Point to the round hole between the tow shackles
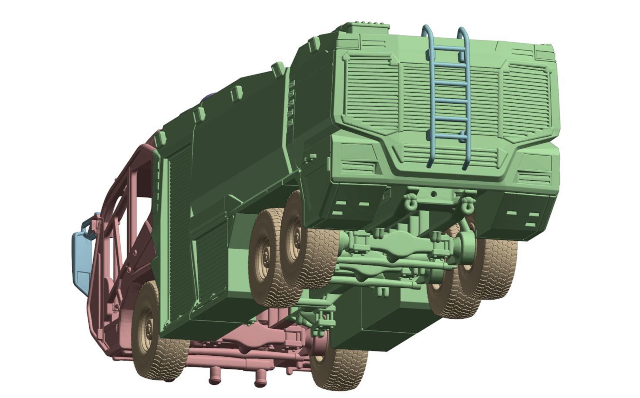click(x=434, y=194)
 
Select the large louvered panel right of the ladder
click(x=526, y=98)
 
